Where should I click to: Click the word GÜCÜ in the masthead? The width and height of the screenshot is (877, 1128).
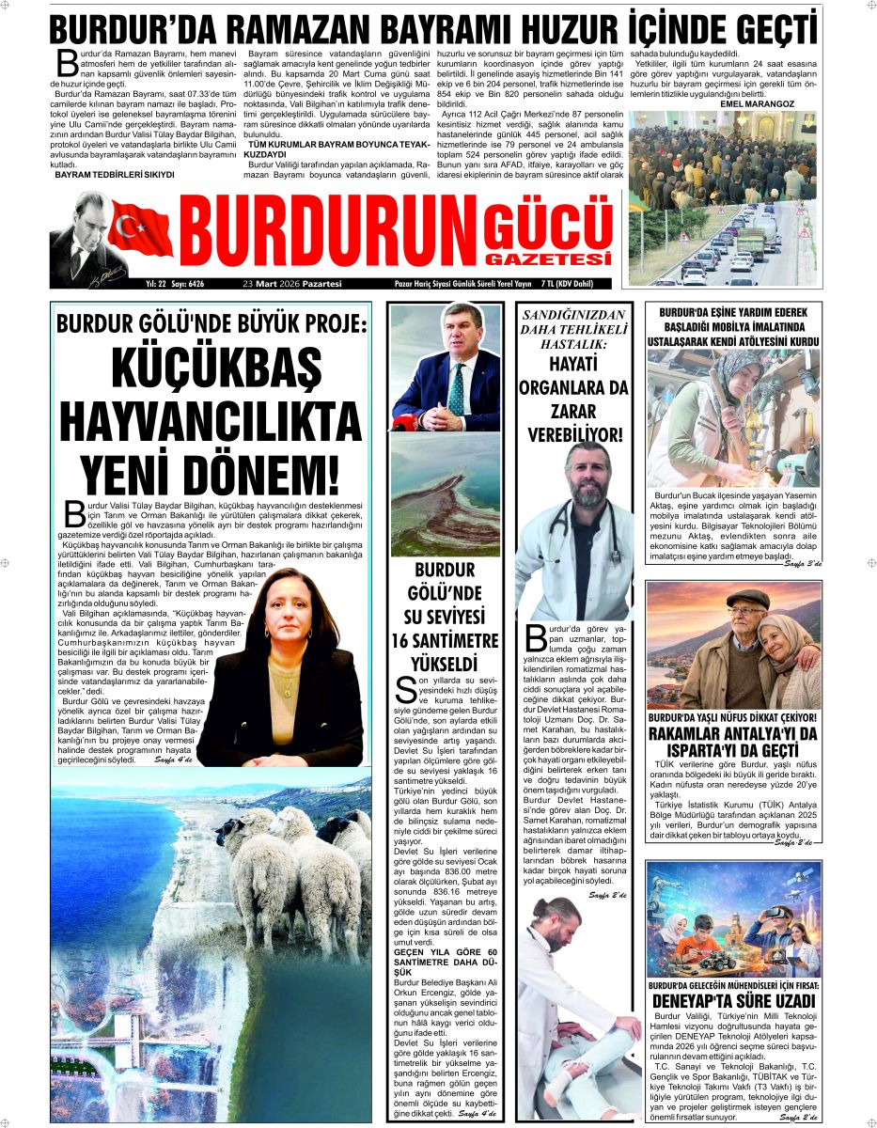[548, 224]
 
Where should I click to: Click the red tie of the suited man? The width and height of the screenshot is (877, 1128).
[456, 385]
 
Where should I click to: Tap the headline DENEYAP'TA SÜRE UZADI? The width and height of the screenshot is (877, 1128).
[733, 1000]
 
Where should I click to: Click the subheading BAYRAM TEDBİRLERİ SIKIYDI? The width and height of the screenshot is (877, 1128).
[115, 175]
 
